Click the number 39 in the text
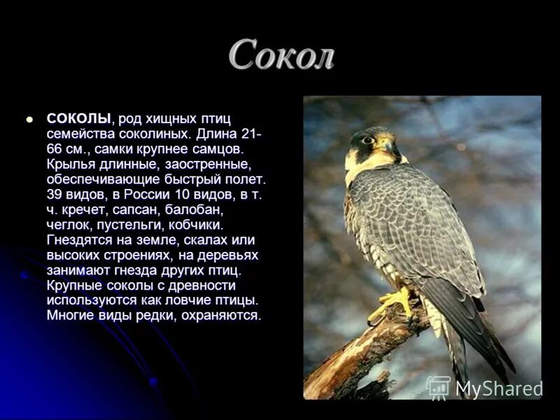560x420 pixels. [x=55, y=194]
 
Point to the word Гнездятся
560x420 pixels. [x=78, y=240]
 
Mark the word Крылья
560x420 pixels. [x=69, y=164]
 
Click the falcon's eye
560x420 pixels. [x=367, y=139]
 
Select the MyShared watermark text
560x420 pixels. [x=499, y=388]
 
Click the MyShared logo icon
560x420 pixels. [x=438, y=388]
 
